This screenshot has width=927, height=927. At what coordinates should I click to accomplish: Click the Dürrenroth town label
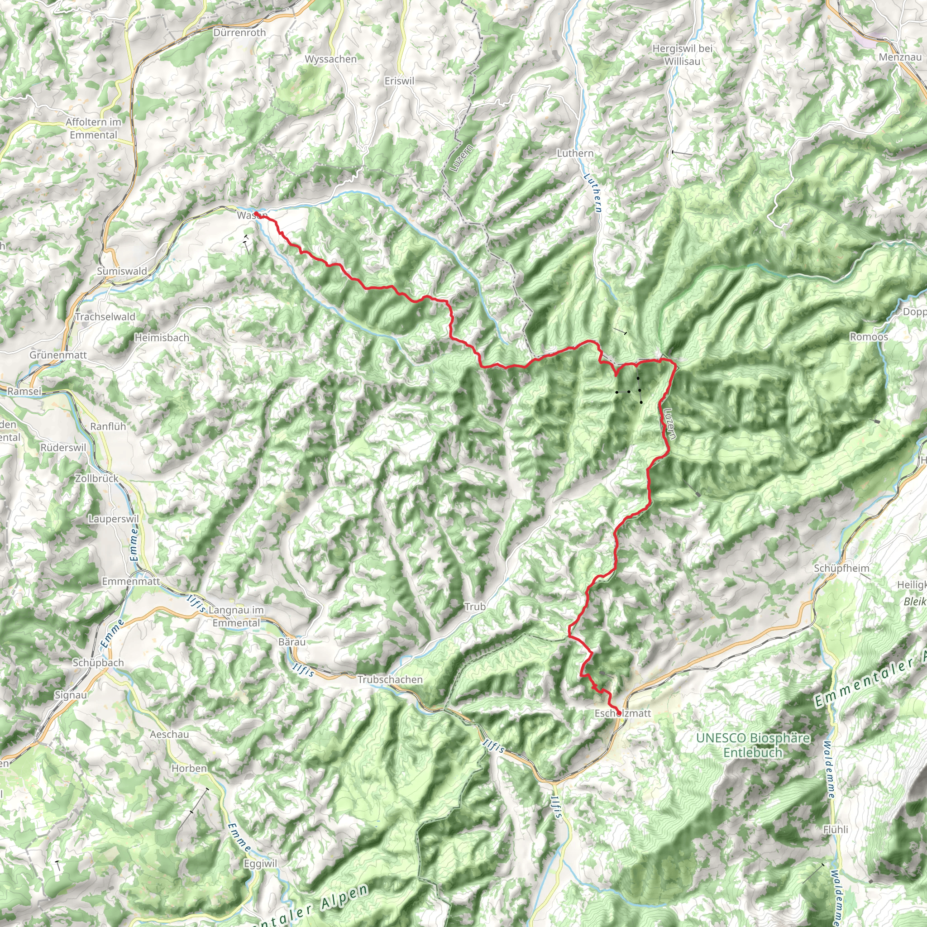(x=239, y=33)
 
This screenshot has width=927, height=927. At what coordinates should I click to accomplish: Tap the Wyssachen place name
(x=330, y=59)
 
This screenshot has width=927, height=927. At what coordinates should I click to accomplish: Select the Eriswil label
(x=399, y=81)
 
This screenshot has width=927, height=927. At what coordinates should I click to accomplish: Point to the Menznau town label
(x=900, y=57)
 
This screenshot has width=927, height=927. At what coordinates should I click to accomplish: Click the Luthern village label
(x=575, y=153)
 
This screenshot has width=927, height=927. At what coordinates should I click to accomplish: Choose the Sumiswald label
(x=122, y=271)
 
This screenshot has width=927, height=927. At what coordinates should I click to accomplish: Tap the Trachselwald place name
(x=105, y=317)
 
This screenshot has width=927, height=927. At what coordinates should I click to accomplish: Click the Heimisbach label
(x=162, y=338)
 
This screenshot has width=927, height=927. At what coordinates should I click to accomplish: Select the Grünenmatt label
(x=58, y=355)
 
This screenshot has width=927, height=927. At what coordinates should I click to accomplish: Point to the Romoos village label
(x=869, y=337)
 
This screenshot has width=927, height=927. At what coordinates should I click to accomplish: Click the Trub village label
(x=474, y=607)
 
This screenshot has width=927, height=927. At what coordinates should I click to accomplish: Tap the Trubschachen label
(x=390, y=679)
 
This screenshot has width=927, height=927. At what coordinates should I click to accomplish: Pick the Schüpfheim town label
(x=841, y=568)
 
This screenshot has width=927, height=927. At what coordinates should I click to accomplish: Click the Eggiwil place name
(x=261, y=864)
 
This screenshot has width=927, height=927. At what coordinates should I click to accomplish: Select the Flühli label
(x=836, y=829)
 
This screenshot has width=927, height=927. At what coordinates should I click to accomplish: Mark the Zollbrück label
(x=96, y=478)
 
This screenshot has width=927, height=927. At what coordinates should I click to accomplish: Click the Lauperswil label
(x=113, y=519)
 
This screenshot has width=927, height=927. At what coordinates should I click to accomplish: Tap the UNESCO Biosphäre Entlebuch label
(x=753, y=745)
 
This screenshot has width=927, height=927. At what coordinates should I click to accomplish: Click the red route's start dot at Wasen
(x=256, y=214)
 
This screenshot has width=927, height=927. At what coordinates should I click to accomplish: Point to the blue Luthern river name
(x=593, y=193)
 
